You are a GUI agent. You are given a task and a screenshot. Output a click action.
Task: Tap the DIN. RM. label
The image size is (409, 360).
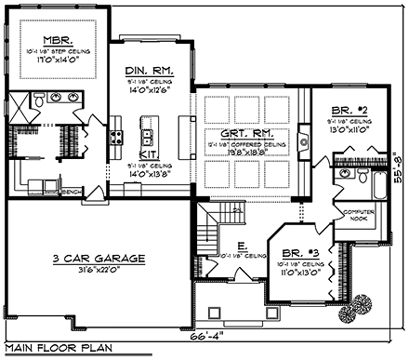pos(149,70)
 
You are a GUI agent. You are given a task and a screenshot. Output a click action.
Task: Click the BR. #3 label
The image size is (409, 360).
pos(295,252)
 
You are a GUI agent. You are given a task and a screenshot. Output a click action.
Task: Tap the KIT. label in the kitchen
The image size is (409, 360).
pos(149,153)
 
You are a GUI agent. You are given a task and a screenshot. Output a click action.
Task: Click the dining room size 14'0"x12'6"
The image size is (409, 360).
pos(149,90)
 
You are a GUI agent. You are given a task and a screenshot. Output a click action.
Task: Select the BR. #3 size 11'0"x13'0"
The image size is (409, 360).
pos(295,273)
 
